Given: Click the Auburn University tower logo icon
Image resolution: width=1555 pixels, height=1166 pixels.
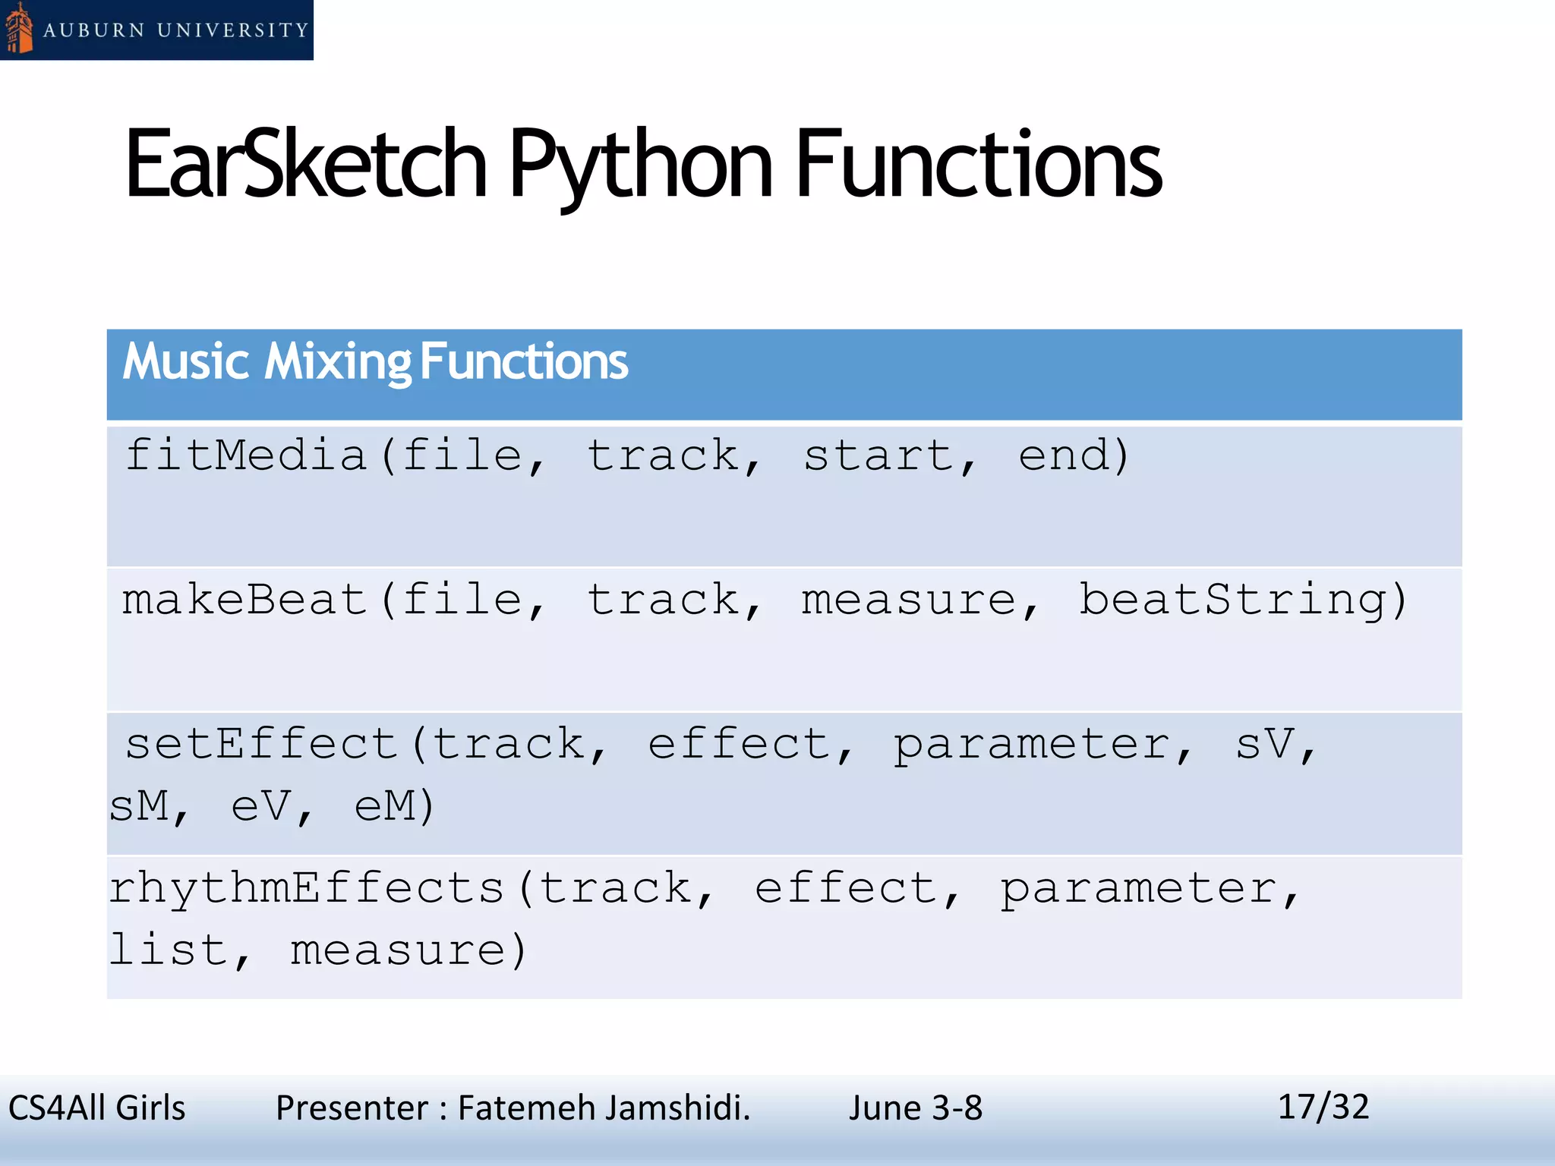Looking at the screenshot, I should tap(18, 30).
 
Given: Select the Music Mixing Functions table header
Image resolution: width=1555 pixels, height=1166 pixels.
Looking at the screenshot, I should tap(375, 361).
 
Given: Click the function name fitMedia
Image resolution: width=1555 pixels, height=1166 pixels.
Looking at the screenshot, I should tap(247, 455).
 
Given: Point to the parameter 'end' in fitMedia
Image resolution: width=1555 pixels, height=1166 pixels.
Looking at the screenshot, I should tap(1064, 455).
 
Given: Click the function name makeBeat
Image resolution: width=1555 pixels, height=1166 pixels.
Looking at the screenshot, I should tap(245, 600).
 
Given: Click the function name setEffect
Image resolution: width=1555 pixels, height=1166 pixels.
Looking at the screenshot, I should tap(261, 744).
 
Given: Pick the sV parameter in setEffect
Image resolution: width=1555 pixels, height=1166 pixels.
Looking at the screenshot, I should tap(1264, 744).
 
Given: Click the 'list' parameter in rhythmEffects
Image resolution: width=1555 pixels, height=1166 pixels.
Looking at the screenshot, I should tap(169, 950).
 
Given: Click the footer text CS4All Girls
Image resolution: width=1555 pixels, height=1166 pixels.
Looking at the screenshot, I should tap(96, 1108).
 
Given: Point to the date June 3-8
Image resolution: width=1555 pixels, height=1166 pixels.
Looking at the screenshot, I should tap(916, 1108).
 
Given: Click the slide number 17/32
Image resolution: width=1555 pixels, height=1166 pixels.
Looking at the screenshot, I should tap(1323, 1107).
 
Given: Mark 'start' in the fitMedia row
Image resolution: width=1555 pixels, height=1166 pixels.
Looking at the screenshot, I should tap(878, 455).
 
